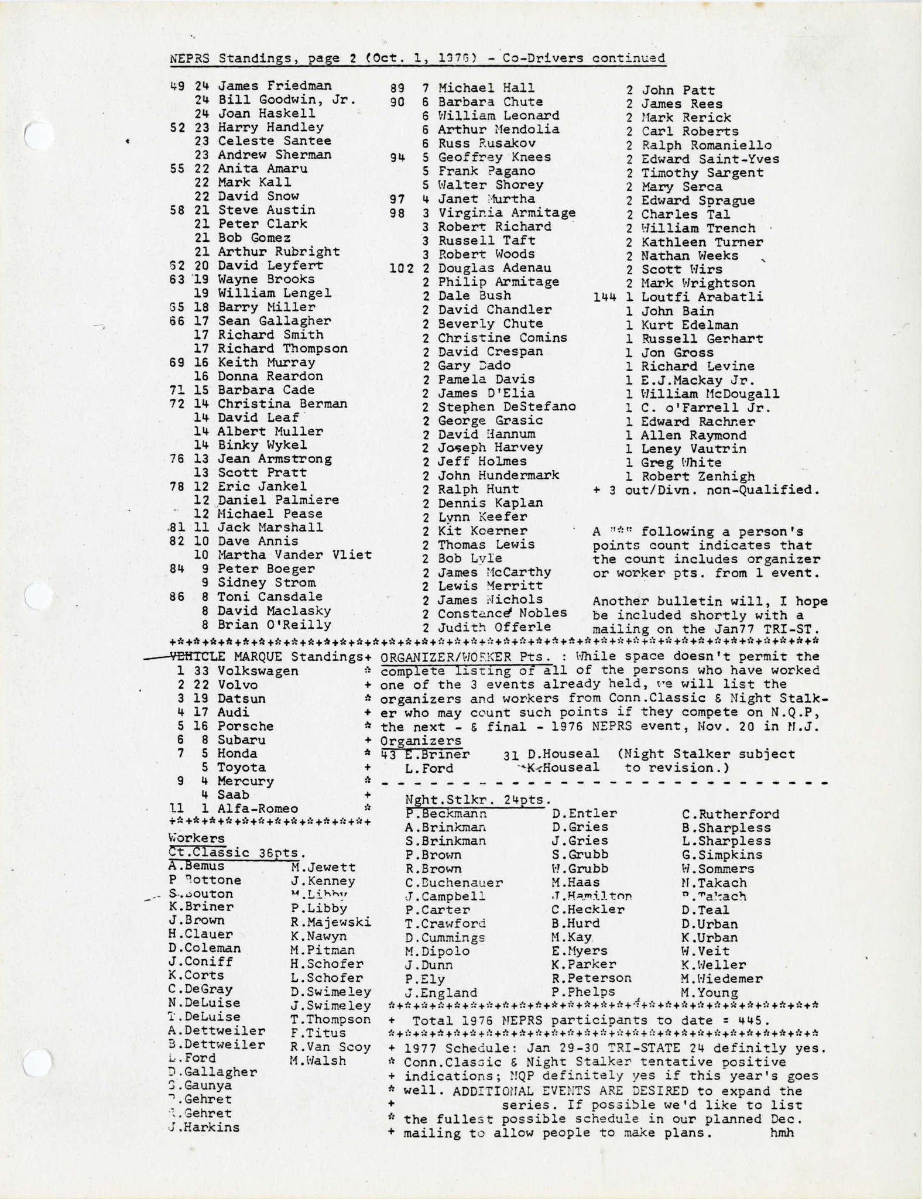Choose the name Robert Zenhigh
click(x=698, y=477)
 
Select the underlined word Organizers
click(x=420, y=741)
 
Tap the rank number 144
click(x=605, y=297)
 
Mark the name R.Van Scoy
click(x=330, y=1047)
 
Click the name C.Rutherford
click(x=731, y=814)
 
